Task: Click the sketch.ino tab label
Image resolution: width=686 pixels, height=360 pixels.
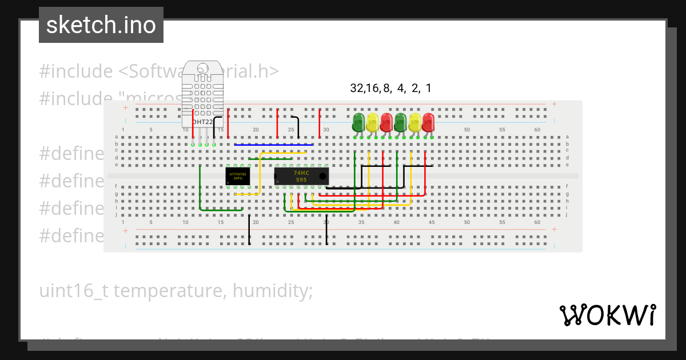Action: click(x=101, y=25)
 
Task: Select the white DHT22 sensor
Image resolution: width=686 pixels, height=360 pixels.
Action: click(x=202, y=94)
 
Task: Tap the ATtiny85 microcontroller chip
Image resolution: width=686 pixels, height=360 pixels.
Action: click(x=237, y=175)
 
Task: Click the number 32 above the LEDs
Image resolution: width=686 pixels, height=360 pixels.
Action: click(x=357, y=88)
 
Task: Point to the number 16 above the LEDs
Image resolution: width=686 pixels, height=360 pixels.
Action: click(x=372, y=88)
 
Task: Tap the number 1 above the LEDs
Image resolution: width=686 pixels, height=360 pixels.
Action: click(x=428, y=88)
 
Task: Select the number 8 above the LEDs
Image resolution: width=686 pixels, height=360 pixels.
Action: click(x=386, y=88)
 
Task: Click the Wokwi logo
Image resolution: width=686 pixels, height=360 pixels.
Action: click(x=607, y=315)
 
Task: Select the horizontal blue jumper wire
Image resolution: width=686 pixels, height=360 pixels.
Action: click(x=273, y=145)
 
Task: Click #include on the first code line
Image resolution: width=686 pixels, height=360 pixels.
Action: click(x=76, y=71)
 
